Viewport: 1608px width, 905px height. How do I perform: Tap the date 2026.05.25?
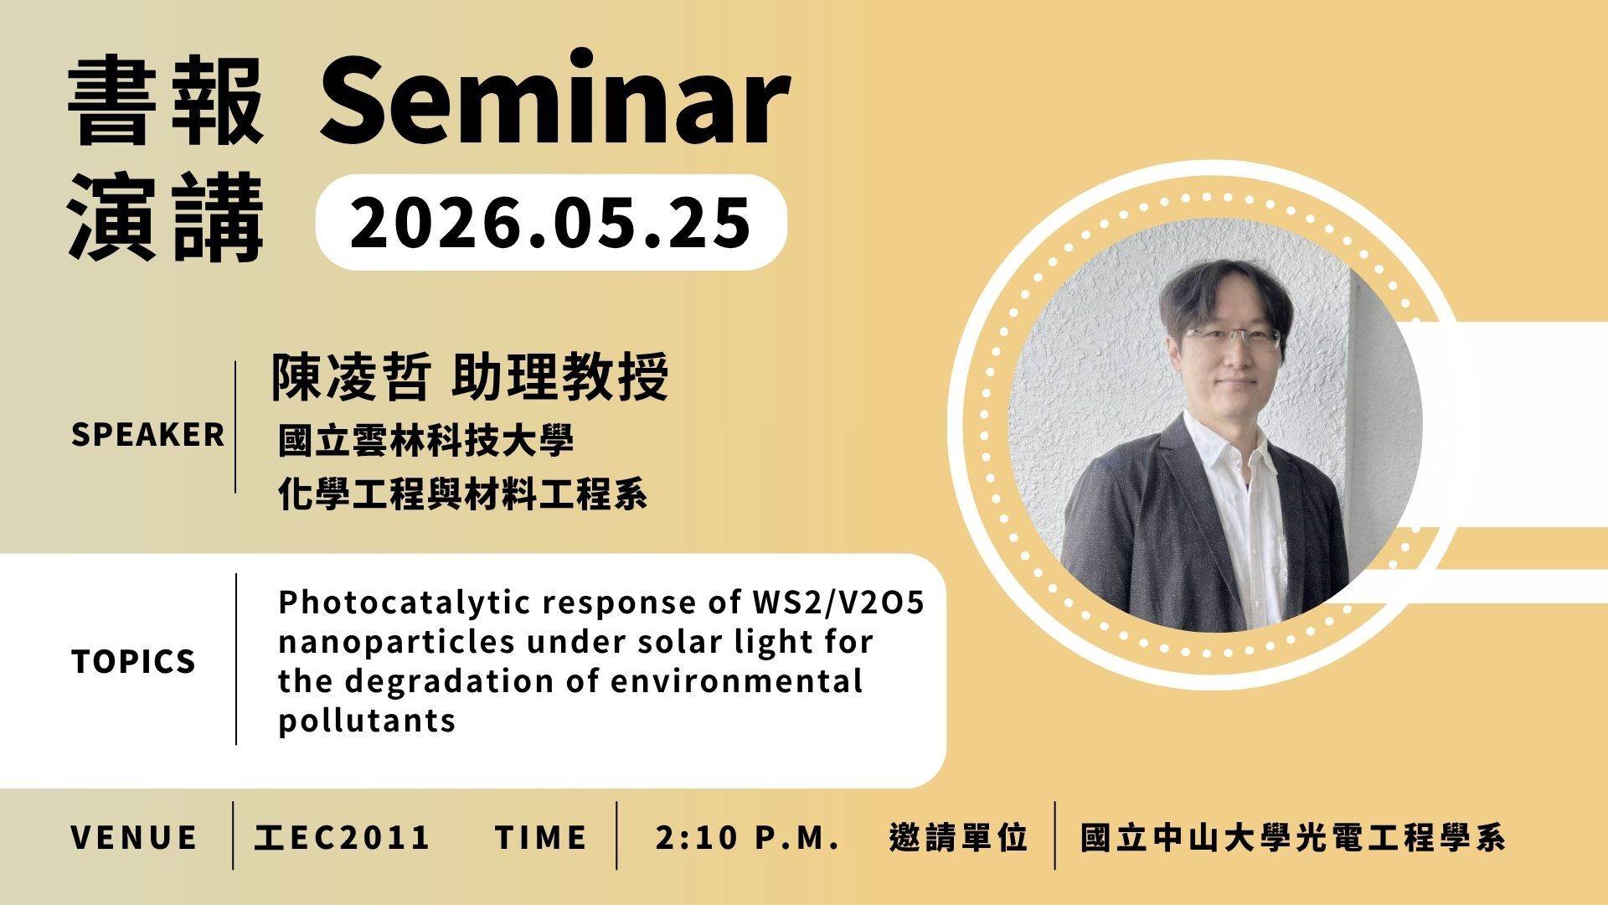click(550, 222)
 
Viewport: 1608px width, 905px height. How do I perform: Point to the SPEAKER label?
click(148, 435)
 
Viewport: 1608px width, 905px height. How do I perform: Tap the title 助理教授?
click(559, 377)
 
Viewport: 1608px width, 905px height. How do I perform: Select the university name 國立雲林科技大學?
click(426, 441)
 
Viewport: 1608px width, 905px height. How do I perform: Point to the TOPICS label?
click(134, 662)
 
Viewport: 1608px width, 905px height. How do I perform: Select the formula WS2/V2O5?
click(833, 602)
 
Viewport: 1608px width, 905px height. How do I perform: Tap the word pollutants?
click(367, 721)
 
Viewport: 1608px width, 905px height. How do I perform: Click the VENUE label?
click(135, 837)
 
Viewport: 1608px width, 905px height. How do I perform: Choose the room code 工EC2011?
click(342, 837)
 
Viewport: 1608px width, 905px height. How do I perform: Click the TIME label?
click(541, 837)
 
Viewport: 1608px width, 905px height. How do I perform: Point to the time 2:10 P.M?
click(748, 837)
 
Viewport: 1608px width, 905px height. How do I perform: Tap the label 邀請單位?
click(958, 837)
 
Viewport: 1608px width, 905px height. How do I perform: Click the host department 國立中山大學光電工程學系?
click(1293, 837)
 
